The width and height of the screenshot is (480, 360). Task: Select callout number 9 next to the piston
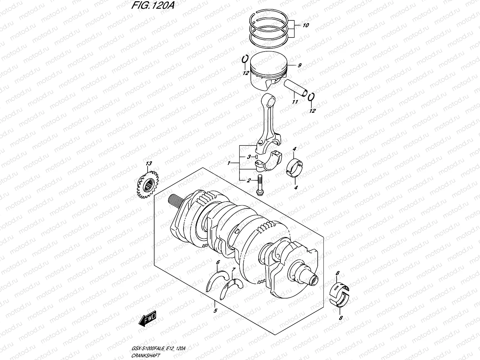[x=299, y=65]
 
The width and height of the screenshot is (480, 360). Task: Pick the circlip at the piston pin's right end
[x=311, y=97]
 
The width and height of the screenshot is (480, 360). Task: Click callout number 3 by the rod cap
[x=248, y=157]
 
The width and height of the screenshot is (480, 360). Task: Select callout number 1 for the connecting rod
[x=229, y=163]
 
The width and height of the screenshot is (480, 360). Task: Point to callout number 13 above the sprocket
[x=149, y=163]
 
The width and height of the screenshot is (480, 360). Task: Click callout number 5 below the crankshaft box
[x=215, y=311]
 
